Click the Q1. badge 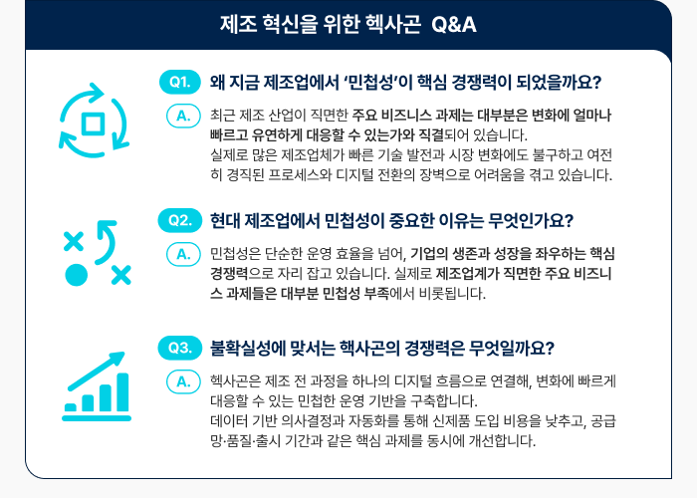pos(180,82)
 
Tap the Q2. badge pos(180,219)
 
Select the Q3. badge pos(180,348)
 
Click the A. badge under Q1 pos(182,117)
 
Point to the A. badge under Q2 pos(182,254)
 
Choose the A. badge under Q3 pos(182,382)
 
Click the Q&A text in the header pos(454,24)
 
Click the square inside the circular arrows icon pos(95,124)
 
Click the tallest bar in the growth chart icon pos(122,391)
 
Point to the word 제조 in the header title pos(238,24)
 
